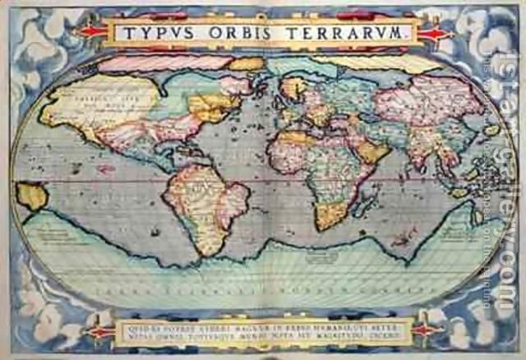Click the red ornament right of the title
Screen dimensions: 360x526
433,34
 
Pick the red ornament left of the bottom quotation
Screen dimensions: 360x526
101,330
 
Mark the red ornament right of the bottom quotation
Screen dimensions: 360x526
426,330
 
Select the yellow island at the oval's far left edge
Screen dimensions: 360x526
31,196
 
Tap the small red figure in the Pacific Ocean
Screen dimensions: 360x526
104,169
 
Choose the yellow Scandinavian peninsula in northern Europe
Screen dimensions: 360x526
293,86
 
